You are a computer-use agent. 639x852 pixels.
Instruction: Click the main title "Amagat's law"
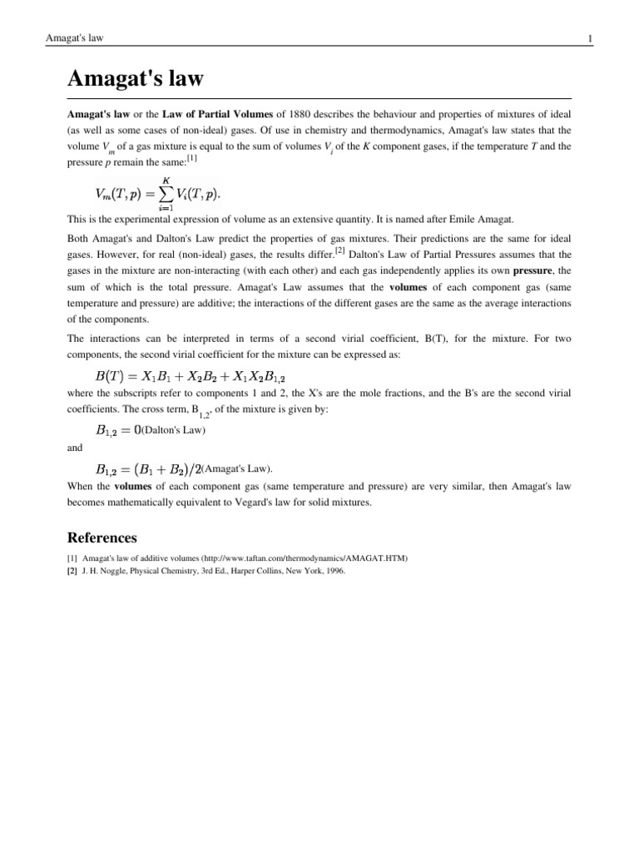pos(135,81)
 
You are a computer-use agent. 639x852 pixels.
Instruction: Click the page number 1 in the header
pos(589,38)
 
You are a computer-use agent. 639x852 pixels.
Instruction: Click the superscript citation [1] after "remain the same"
pos(191,158)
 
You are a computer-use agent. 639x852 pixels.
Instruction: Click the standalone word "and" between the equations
pos(75,448)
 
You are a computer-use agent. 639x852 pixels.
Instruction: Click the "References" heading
pos(102,537)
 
